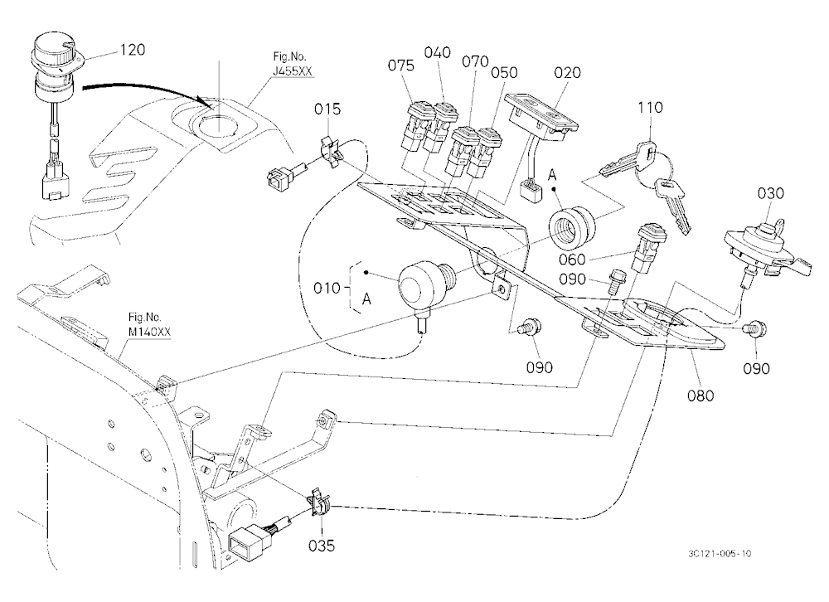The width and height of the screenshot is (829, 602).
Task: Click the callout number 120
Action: tap(133, 50)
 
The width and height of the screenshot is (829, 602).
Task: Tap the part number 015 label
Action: tap(327, 109)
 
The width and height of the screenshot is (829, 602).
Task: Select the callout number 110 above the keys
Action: tap(650, 108)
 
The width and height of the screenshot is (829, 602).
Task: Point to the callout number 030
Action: tap(771, 193)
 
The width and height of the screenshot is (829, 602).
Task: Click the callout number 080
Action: tap(701, 396)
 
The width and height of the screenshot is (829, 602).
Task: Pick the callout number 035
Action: tap(322, 546)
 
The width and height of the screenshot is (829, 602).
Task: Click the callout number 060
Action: tap(572, 260)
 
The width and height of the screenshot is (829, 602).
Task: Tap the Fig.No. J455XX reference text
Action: tap(293, 64)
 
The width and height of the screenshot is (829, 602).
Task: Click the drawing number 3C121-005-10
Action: tap(720, 553)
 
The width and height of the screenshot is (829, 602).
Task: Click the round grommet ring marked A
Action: tap(574, 228)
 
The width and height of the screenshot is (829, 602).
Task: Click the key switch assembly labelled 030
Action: tap(767, 249)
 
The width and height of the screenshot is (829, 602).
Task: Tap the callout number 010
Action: tap(327, 289)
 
